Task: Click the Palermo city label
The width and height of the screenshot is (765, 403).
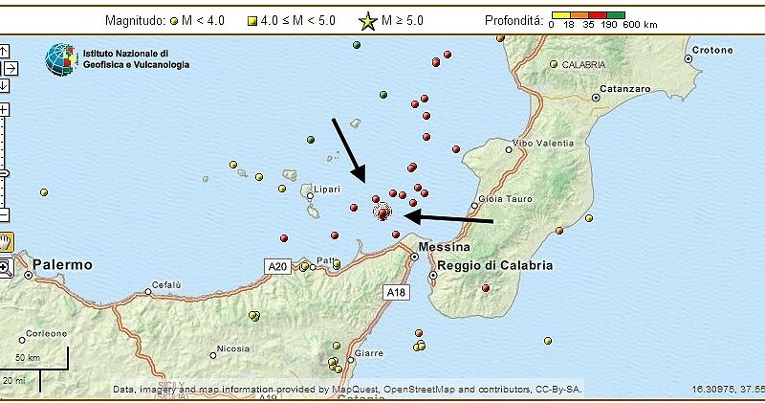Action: (62, 264)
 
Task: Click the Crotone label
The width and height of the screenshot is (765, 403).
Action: (712, 50)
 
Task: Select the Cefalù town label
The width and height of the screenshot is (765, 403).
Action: (166, 285)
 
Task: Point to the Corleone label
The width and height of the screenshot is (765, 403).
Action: (46, 334)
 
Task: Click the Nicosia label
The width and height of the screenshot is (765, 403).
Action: (232, 349)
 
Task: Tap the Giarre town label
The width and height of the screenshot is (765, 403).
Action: (369, 353)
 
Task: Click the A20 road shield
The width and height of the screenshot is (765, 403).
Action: (276, 265)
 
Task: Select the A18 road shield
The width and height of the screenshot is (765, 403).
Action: (395, 290)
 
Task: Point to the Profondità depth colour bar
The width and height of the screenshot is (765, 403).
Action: (586, 14)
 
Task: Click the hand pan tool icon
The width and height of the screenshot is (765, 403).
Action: (6, 239)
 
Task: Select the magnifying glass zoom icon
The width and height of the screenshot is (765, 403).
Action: (6, 268)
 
